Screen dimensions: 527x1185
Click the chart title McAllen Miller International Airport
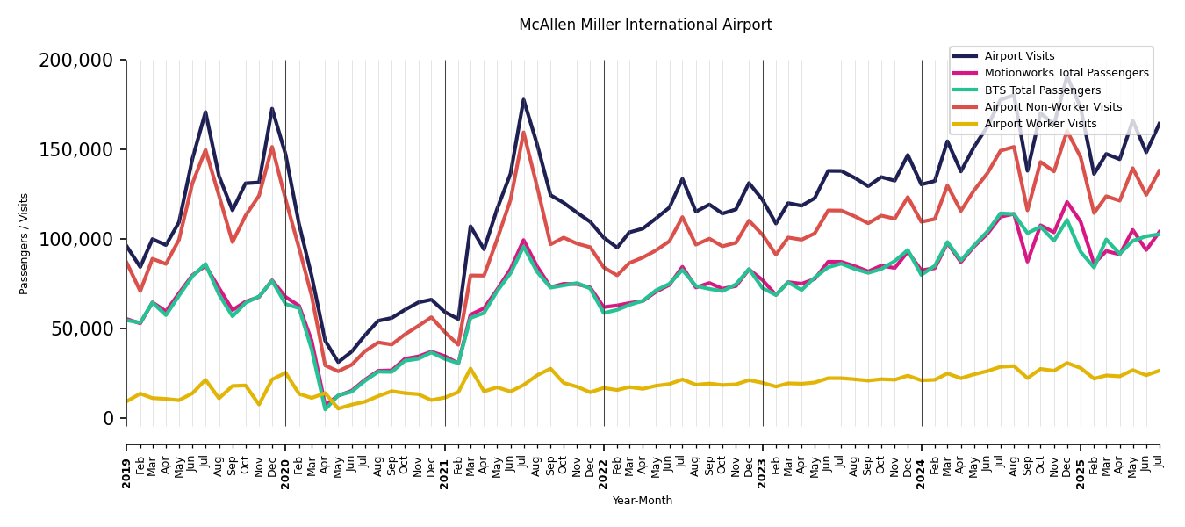[645, 25]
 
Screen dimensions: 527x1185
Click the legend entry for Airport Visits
[1019, 56]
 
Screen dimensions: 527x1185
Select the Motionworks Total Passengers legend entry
[1066, 73]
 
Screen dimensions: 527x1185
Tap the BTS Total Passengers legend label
[1042, 90]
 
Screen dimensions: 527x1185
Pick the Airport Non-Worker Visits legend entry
[1052, 107]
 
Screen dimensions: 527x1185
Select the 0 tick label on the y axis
[108, 419]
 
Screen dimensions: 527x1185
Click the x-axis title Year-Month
[643, 501]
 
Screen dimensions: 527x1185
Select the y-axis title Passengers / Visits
[25, 243]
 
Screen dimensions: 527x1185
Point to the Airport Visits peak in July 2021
[524, 99]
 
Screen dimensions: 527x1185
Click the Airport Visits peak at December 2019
[272, 109]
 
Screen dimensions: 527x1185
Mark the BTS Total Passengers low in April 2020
[325, 409]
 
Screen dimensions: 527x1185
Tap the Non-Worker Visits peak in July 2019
[205, 149]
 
